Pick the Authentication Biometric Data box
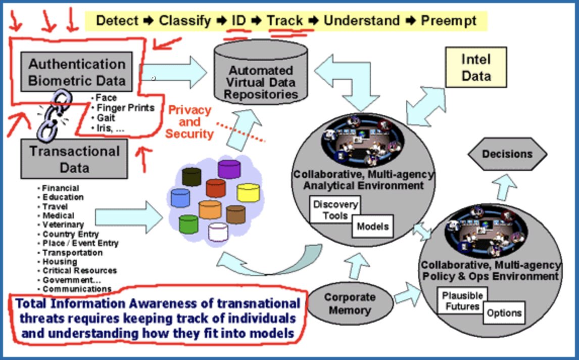tap(77, 72)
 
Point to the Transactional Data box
tap(74, 158)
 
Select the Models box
tap(373, 226)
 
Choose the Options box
tap(504, 313)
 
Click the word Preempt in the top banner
tap(449, 21)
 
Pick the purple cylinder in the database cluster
tap(229, 169)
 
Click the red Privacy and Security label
tap(190, 122)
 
